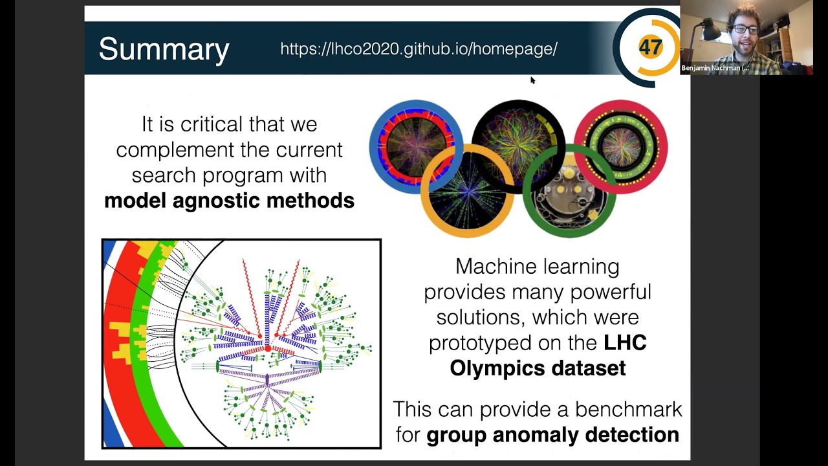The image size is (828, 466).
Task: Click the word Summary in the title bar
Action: click(x=164, y=49)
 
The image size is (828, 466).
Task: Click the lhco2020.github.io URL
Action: click(x=419, y=49)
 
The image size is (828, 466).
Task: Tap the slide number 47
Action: click(x=650, y=47)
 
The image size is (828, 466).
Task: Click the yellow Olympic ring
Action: click(x=427, y=201)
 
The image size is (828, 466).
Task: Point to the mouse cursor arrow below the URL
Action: click(x=532, y=80)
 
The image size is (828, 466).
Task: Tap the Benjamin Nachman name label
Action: click(x=714, y=68)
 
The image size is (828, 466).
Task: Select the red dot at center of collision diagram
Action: click(x=268, y=349)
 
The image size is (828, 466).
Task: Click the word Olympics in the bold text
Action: click(x=492, y=368)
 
